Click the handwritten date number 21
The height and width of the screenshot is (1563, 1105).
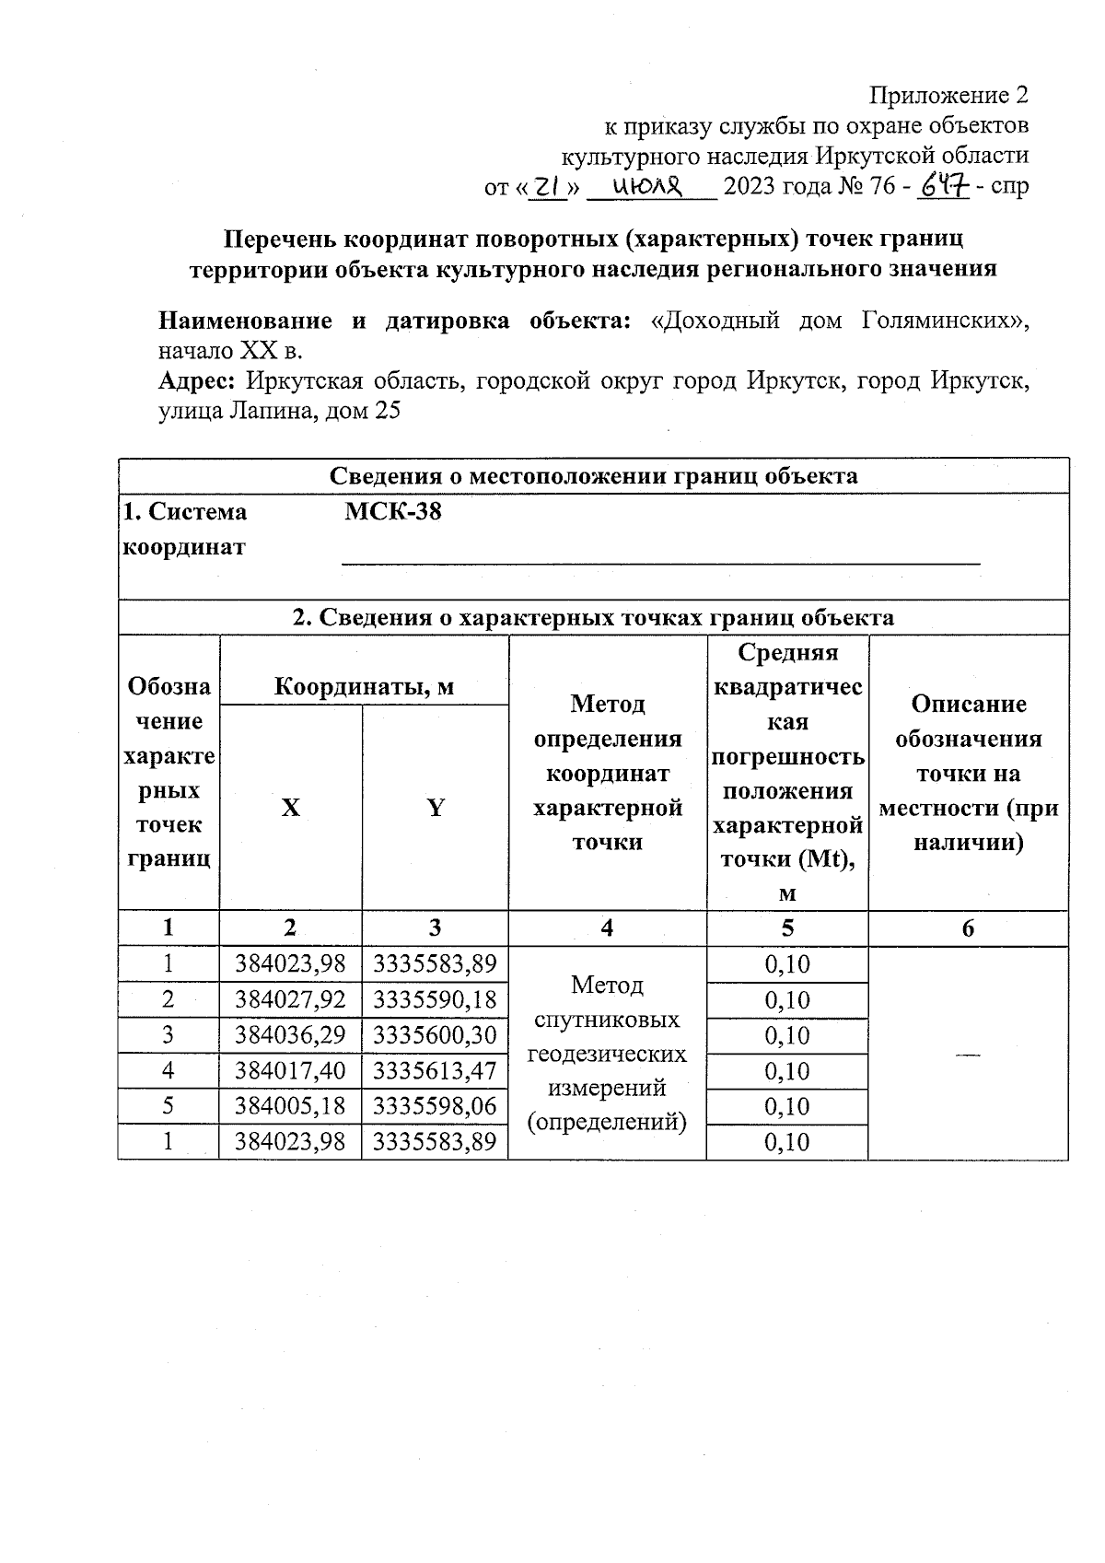coord(548,187)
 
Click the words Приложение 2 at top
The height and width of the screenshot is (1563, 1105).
coord(948,95)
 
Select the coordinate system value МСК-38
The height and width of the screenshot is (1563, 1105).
coord(393,512)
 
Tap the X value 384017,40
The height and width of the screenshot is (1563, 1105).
coord(290,1071)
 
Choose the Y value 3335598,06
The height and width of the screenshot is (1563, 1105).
coord(435,1106)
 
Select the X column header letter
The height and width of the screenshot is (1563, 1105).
coord(290,809)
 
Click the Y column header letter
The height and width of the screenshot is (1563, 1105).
coord(435,809)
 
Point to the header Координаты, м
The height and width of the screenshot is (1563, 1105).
coord(364,687)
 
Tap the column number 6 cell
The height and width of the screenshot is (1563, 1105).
coord(968,928)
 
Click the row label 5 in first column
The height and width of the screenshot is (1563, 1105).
coord(169,1106)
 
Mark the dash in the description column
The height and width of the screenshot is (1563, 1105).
coord(968,1055)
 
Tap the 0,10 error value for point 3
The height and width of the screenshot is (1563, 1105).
coord(787,1036)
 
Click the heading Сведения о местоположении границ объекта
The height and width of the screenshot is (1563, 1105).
coord(594,476)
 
